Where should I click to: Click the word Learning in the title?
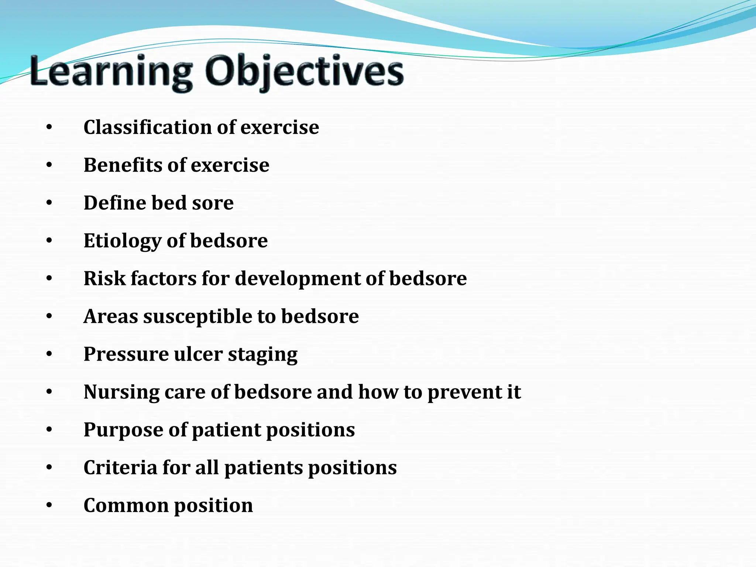111,71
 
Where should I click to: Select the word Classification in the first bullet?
148,127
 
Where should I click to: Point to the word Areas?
111,317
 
